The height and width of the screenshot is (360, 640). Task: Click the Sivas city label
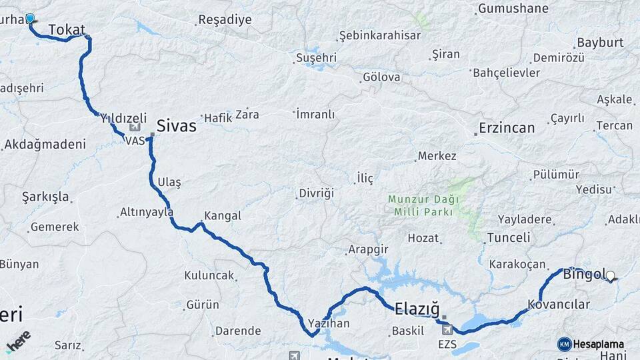click(x=176, y=125)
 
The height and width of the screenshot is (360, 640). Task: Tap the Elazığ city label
click(x=417, y=309)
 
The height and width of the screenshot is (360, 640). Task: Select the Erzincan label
click(x=507, y=128)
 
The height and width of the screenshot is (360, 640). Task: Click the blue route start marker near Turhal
click(x=30, y=19)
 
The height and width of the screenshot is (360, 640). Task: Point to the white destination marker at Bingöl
click(x=610, y=275)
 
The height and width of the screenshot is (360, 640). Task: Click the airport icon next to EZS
click(x=447, y=329)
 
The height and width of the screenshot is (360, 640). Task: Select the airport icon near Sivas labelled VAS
click(x=135, y=127)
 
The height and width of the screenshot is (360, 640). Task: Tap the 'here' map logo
click(x=19, y=341)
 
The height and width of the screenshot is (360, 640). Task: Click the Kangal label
click(x=223, y=216)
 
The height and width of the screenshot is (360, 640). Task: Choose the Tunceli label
click(x=508, y=237)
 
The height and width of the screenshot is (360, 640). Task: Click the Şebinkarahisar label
click(x=380, y=35)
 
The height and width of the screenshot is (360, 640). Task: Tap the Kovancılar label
click(x=559, y=304)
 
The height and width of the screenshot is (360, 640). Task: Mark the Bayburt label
click(x=600, y=42)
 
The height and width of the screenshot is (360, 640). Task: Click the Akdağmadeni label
click(x=45, y=144)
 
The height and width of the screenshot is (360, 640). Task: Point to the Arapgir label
click(x=367, y=250)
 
